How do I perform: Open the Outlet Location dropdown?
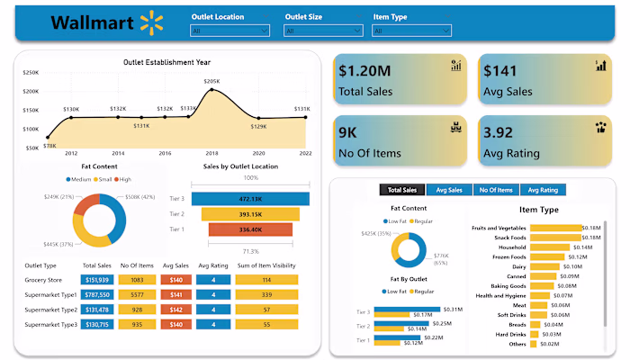[230, 31]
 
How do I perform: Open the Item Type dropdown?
[411, 31]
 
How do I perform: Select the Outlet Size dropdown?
[321, 31]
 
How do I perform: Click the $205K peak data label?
[211, 82]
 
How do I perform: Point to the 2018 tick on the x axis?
[211, 154]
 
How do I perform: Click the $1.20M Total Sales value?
[365, 71]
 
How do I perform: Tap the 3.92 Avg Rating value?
[504, 133]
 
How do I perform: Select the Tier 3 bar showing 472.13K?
[249, 199]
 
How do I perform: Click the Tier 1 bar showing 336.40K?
[238, 229]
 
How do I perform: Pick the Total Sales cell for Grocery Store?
[96, 280]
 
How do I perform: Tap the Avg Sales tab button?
[449, 190]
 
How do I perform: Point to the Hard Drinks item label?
[506, 334]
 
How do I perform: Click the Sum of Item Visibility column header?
[266, 265]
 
